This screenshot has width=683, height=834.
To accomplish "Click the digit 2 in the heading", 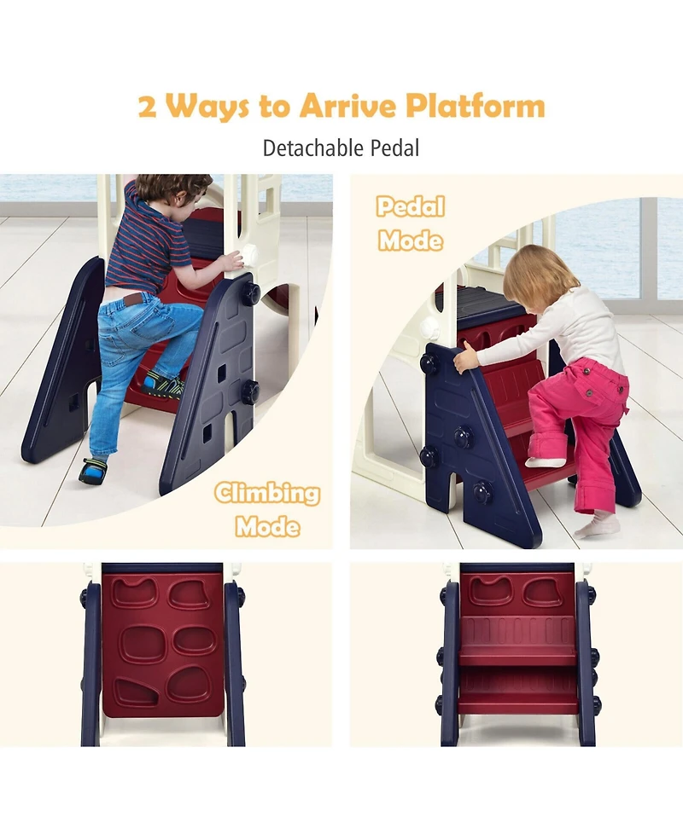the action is coord(148,106).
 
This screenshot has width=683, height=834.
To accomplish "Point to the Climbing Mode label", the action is coord(267,510).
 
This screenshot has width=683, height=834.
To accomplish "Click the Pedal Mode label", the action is coord(411,223).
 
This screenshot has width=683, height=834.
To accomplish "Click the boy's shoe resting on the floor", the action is coord(93,471).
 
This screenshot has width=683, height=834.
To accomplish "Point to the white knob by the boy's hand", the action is coord(248,255).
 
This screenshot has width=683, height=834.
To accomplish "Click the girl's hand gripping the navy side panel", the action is coord(466,357).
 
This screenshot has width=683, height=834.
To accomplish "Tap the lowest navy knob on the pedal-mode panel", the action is coord(482,493).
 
